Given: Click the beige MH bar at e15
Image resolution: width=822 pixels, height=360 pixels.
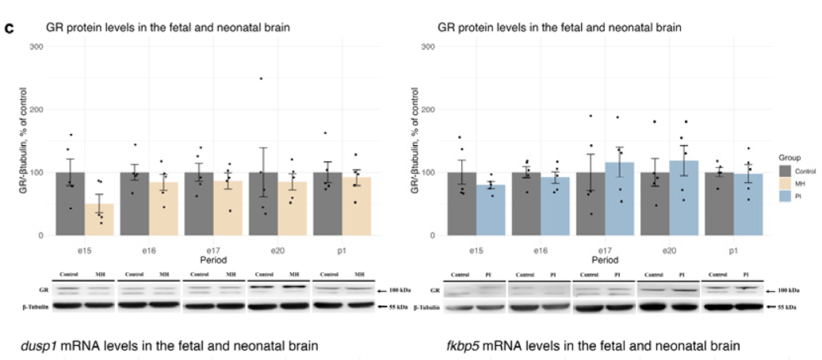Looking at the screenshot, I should coord(99,220).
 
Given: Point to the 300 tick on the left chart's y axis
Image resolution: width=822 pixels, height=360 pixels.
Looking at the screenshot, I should coord(36,46).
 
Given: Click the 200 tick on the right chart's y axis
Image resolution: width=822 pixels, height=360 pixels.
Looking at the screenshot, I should coord(429,109).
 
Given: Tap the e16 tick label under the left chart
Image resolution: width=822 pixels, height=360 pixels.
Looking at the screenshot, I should coord(149,249).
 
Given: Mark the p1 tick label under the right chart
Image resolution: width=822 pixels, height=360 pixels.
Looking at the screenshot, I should coord(733,249).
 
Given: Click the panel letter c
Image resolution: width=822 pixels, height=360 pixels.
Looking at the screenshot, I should coord(10,29).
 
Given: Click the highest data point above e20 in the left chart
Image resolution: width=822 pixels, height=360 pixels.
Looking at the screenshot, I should coord(260,79).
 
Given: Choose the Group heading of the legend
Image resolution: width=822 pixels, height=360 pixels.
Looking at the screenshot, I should coord(790,157).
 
